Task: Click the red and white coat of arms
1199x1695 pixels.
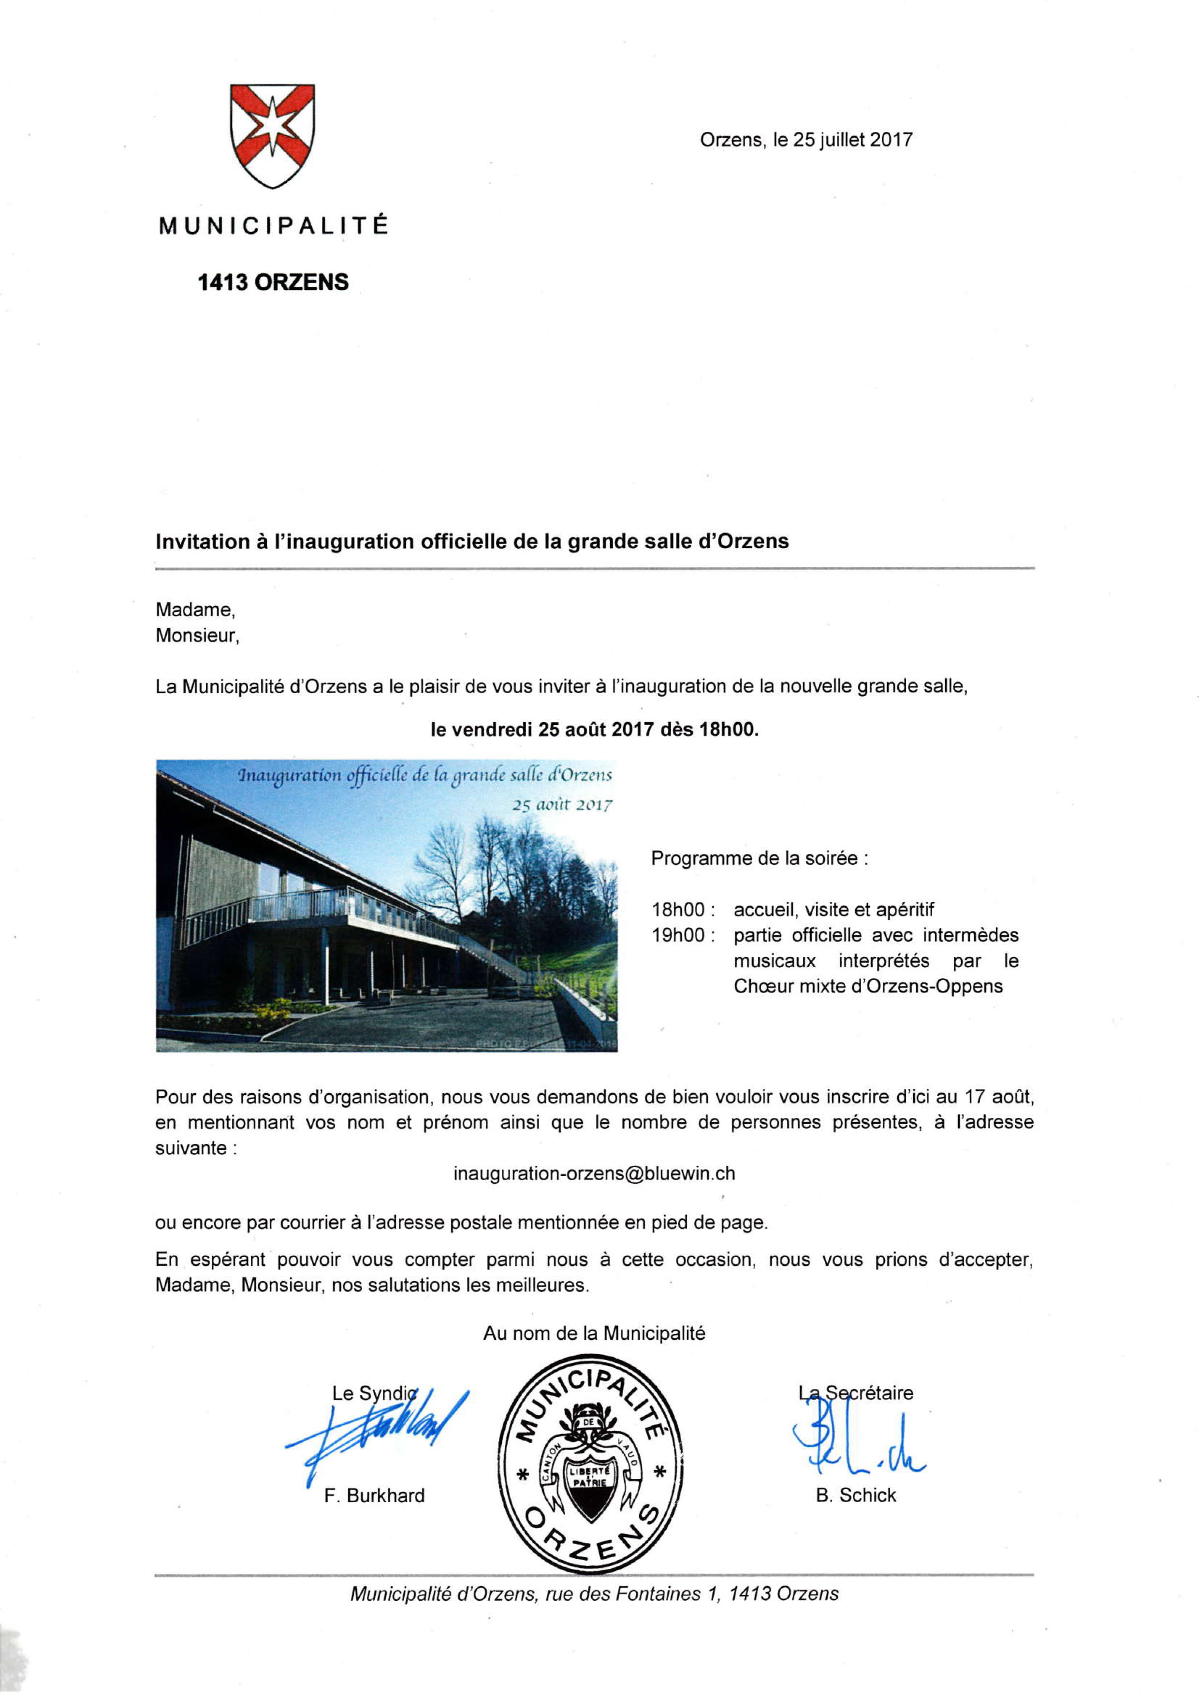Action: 272,135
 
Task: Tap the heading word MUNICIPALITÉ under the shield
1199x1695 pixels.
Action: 273,226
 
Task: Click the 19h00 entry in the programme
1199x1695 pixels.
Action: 678,935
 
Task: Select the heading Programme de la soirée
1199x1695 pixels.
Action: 759,858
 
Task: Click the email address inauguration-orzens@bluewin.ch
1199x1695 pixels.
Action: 594,1174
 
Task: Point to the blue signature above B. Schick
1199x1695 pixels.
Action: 856,1441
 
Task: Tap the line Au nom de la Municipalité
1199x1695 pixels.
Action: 594,1333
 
